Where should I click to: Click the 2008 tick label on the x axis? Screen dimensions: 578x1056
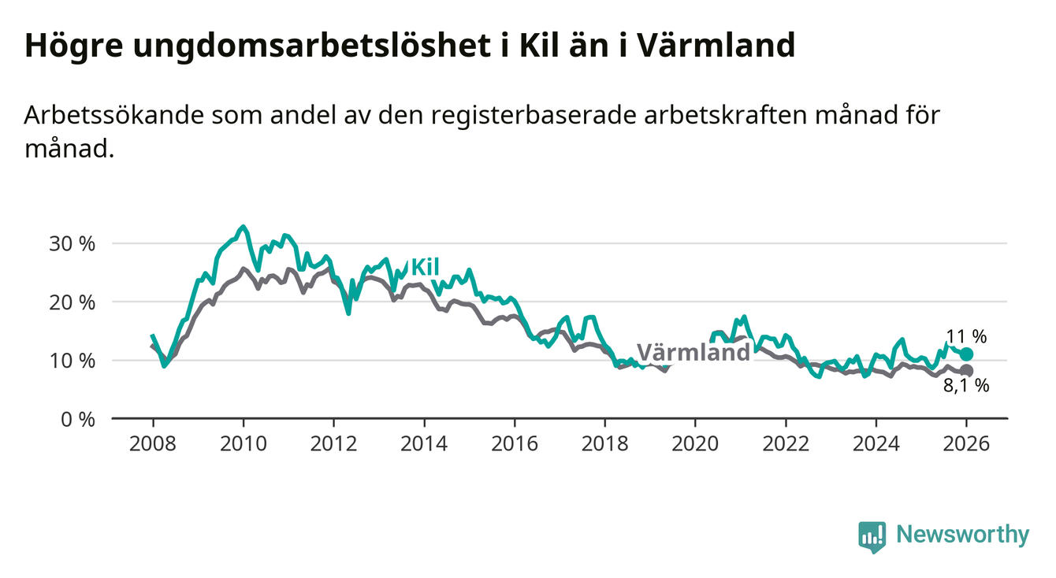tap(153, 443)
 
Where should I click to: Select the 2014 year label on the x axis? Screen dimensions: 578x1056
tap(424, 443)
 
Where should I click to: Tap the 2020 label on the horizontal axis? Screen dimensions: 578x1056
tap(695, 443)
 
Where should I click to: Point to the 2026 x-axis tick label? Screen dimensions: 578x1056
tap(966, 443)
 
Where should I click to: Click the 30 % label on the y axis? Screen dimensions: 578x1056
tap(72, 243)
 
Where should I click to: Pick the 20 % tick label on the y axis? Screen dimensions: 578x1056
tap(72, 302)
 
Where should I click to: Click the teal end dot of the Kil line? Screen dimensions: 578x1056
tap(966, 354)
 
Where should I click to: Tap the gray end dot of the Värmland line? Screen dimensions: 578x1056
tap(966, 371)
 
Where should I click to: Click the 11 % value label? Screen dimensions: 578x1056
tap(965, 336)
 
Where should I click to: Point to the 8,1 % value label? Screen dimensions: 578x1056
tap(966, 386)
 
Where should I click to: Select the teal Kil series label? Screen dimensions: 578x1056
tap(425, 267)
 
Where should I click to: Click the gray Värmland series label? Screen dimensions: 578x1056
tap(693, 352)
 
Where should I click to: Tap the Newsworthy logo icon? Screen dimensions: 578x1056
tap(872, 535)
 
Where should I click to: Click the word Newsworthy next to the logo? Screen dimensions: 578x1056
tap(963, 535)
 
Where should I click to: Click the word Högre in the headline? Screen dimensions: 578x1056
tap(71, 46)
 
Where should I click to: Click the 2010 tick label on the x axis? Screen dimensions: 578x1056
tap(244, 443)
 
